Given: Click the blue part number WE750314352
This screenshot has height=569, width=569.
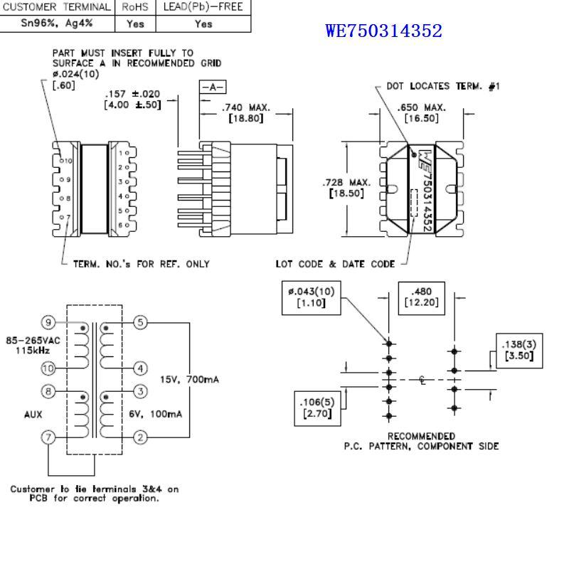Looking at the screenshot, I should pyautogui.click(x=383, y=31).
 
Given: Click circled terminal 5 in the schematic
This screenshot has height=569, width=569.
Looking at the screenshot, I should pyautogui.click(x=141, y=323).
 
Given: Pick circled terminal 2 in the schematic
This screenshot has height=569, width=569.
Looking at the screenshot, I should pyautogui.click(x=141, y=437).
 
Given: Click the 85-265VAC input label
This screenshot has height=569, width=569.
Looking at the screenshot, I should pyautogui.click(x=36, y=340).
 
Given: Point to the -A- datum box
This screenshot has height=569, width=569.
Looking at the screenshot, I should pyautogui.click(x=212, y=87).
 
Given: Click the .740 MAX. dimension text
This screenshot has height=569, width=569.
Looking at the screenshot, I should pyautogui.click(x=246, y=107).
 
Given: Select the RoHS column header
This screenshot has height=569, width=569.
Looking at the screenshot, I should pyautogui.click(x=134, y=6).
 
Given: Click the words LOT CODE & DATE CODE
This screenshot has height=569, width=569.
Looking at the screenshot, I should pyautogui.click(x=335, y=264).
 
